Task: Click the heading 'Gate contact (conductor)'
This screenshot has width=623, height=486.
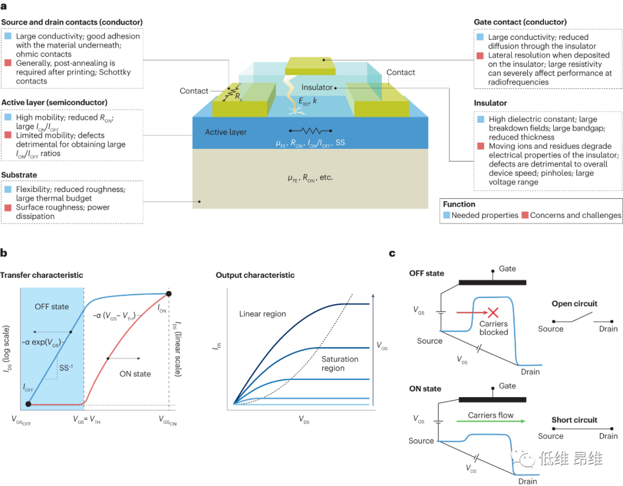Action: point(523,22)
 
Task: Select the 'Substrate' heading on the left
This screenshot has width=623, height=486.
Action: point(19,174)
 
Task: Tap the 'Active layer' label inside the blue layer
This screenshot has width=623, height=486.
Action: point(226,132)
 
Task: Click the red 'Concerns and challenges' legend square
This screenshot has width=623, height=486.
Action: point(525,215)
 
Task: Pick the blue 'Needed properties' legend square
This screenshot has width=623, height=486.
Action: point(446,215)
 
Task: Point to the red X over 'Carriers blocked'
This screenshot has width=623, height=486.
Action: point(493,313)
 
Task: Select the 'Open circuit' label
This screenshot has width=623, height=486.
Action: point(574,304)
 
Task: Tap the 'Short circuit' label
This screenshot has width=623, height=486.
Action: point(574,420)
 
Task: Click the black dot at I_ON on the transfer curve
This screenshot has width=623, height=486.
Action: point(168,294)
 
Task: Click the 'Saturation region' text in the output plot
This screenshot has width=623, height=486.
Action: point(340,364)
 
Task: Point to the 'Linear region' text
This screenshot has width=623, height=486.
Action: point(262,314)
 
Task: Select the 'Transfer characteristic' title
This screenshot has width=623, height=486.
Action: point(42,275)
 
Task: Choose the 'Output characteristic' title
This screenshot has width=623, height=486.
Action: point(255,275)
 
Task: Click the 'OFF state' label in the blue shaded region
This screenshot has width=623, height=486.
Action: point(52,307)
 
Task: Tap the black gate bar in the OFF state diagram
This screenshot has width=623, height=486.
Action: point(492,282)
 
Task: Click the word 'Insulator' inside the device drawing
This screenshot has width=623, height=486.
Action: point(317,87)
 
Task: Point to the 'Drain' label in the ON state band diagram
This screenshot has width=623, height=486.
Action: point(527,481)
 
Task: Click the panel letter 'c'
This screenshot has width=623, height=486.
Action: point(392,253)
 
